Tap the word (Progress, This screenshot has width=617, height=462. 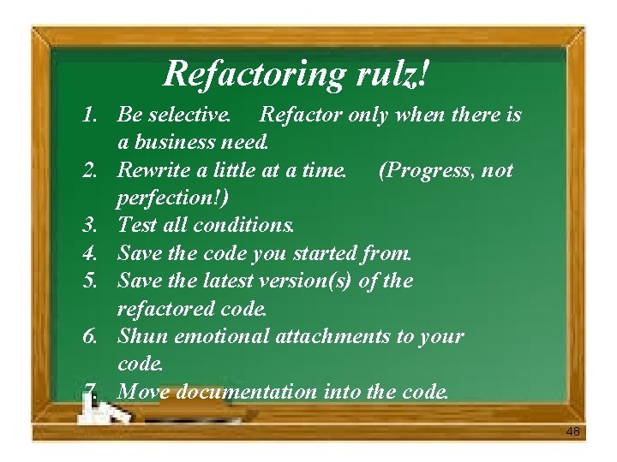click(x=425, y=170)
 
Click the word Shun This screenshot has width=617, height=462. click(x=139, y=336)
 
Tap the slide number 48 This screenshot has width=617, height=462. click(x=572, y=432)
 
